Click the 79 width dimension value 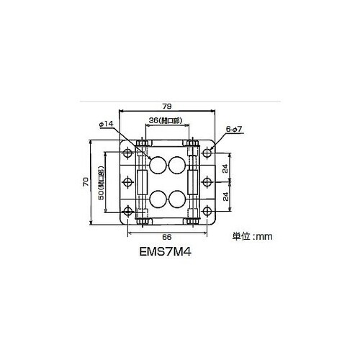tap(167, 107)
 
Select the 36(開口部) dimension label tap(166, 120)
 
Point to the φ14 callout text tap(106, 124)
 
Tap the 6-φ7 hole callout tap(234, 129)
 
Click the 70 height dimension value tap(86, 181)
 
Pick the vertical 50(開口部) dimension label tap(102, 183)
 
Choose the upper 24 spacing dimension tap(225, 168)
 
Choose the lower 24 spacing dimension tap(225, 197)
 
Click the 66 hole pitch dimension tap(167, 237)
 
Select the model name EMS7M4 tap(166, 252)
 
